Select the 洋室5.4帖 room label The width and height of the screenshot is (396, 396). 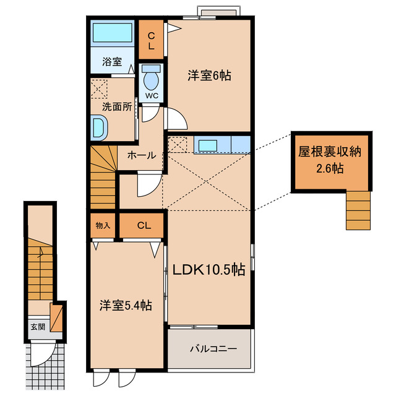click(126, 305)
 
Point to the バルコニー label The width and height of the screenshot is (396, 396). click(212, 349)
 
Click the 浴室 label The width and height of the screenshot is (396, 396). click(111, 62)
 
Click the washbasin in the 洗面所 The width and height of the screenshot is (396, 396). click(99, 128)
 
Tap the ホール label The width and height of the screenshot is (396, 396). click(142, 155)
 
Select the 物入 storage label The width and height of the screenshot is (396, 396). click(103, 225)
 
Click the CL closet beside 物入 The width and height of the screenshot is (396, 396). click(143, 225)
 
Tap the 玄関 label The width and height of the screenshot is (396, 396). click(37, 327)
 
